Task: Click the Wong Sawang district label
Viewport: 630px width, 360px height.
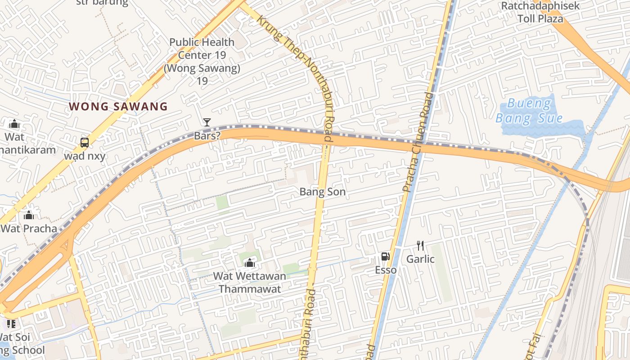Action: click(118, 107)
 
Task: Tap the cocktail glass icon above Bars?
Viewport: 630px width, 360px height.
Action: click(207, 122)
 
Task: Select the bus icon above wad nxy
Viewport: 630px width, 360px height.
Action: click(84, 143)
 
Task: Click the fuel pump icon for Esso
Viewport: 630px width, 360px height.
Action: click(385, 257)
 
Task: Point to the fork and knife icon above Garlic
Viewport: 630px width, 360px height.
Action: click(420, 246)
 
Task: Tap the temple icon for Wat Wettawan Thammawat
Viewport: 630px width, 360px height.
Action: click(249, 263)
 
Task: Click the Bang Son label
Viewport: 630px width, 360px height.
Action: click(323, 192)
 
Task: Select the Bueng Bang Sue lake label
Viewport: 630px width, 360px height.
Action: click(529, 111)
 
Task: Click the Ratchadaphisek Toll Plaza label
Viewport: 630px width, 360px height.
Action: click(540, 12)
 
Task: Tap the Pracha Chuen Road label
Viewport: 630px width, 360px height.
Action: click(418, 142)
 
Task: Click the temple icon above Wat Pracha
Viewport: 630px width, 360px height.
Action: click(29, 215)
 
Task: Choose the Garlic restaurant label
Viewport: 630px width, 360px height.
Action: click(420, 259)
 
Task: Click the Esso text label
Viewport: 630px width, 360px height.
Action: click(386, 270)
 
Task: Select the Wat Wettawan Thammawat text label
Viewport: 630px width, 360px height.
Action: click(249, 282)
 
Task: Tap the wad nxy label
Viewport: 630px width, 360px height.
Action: click(85, 156)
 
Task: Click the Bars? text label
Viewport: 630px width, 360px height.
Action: click(207, 135)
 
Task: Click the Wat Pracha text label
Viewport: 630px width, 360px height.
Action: click(29, 228)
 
